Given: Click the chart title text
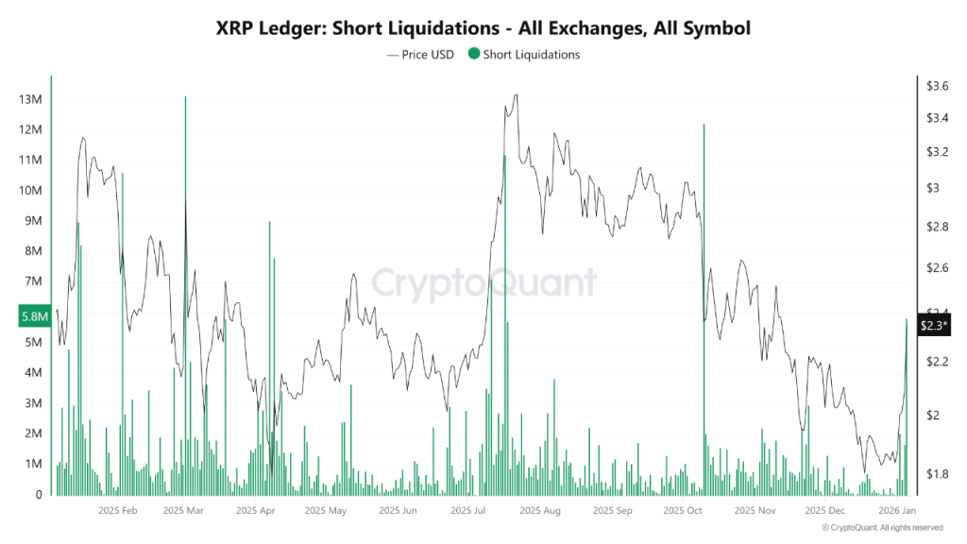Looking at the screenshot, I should tap(483, 28).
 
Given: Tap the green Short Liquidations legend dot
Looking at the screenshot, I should tap(473, 55).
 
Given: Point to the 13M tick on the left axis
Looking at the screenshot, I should tap(30, 99).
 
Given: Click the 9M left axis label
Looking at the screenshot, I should tap(33, 221).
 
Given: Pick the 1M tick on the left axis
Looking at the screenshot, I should tap(33, 464).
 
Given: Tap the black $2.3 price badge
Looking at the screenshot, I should tap(935, 325).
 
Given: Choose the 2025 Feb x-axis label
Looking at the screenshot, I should tap(118, 511).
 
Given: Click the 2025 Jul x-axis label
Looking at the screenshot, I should tap(468, 511).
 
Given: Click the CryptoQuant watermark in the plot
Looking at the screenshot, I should tap(483, 282).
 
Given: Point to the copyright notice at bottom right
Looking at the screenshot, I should tap(882, 528).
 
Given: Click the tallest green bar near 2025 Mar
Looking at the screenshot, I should tap(185, 283).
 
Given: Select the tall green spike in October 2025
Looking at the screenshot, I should tap(704, 302).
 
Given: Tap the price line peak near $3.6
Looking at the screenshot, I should tap(515, 95).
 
